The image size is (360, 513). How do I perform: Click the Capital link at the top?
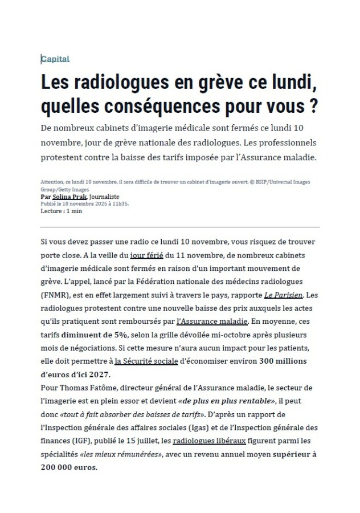[55, 59]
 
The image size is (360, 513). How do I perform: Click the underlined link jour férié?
[146, 255]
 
